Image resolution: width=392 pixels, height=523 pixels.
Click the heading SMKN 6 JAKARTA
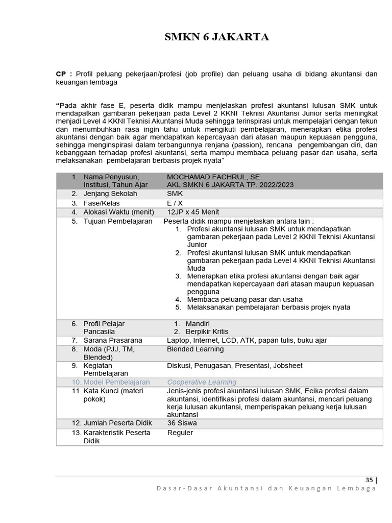[216, 37]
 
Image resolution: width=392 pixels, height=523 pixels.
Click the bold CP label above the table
[61, 74]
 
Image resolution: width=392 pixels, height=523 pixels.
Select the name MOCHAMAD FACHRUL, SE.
[214, 177]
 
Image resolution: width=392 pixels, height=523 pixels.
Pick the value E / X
[175, 203]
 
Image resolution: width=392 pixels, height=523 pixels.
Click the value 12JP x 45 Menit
[193, 212]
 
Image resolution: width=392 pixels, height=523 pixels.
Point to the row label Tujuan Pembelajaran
[117, 221]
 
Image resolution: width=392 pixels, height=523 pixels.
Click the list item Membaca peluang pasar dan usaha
[245, 299]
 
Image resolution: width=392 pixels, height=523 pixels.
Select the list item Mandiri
[198, 324]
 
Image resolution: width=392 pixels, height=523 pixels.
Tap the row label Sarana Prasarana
[113, 340]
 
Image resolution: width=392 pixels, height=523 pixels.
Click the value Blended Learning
[195, 349]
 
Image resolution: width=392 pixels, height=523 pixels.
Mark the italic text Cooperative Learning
[202, 382]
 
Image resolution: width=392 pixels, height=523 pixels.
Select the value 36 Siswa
[182, 423]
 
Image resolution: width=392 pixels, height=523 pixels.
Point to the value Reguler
[180, 433]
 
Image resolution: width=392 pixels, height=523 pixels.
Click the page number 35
[370, 480]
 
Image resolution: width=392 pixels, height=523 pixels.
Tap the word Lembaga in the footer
[357, 488]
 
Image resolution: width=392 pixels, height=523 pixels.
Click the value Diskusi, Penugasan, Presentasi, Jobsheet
[234, 366]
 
